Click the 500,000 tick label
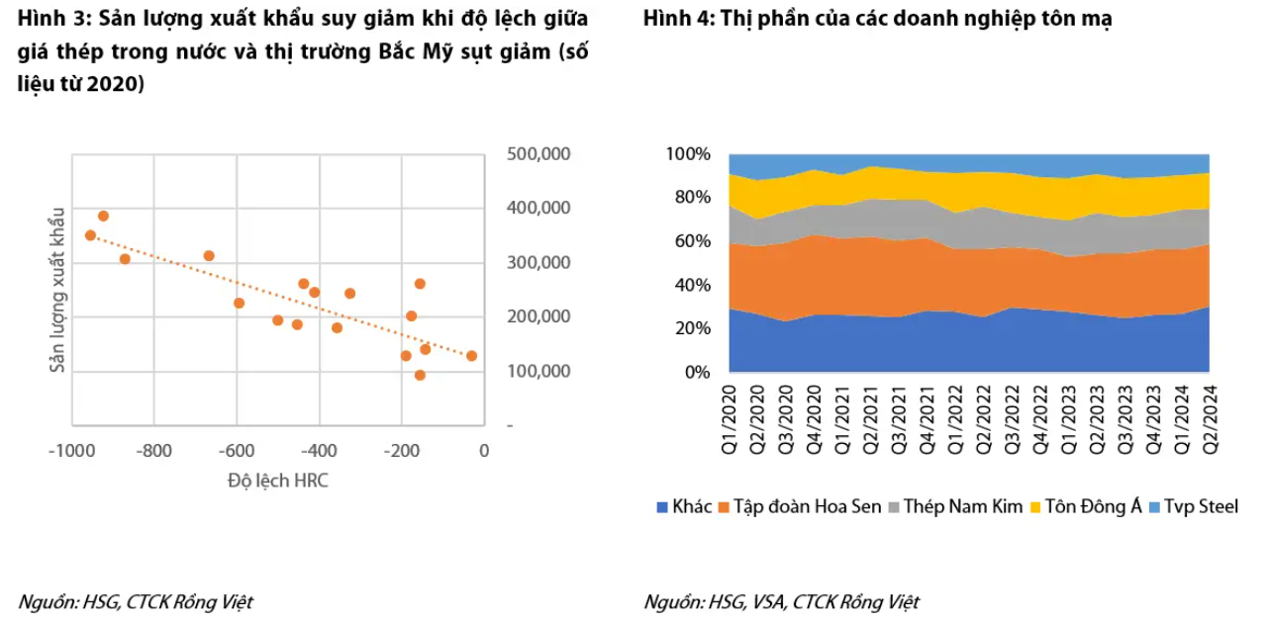(x=538, y=154)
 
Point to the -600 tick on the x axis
(x=237, y=451)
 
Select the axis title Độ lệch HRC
(x=277, y=481)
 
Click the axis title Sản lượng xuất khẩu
(x=56, y=290)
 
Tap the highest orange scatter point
(x=103, y=217)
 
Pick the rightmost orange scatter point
(x=471, y=356)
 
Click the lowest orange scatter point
(x=420, y=376)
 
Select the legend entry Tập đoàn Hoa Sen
(x=800, y=506)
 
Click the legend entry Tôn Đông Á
(x=1086, y=506)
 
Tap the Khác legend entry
(x=684, y=506)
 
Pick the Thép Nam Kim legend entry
(x=956, y=506)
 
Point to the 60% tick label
(x=692, y=241)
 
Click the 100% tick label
(x=688, y=154)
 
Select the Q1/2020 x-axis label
(x=729, y=419)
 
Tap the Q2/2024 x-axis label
(x=1210, y=419)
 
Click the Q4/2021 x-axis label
(x=927, y=419)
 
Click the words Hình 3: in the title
(x=53, y=19)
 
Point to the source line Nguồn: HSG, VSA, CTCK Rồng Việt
(x=781, y=602)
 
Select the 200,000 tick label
(x=538, y=316)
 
